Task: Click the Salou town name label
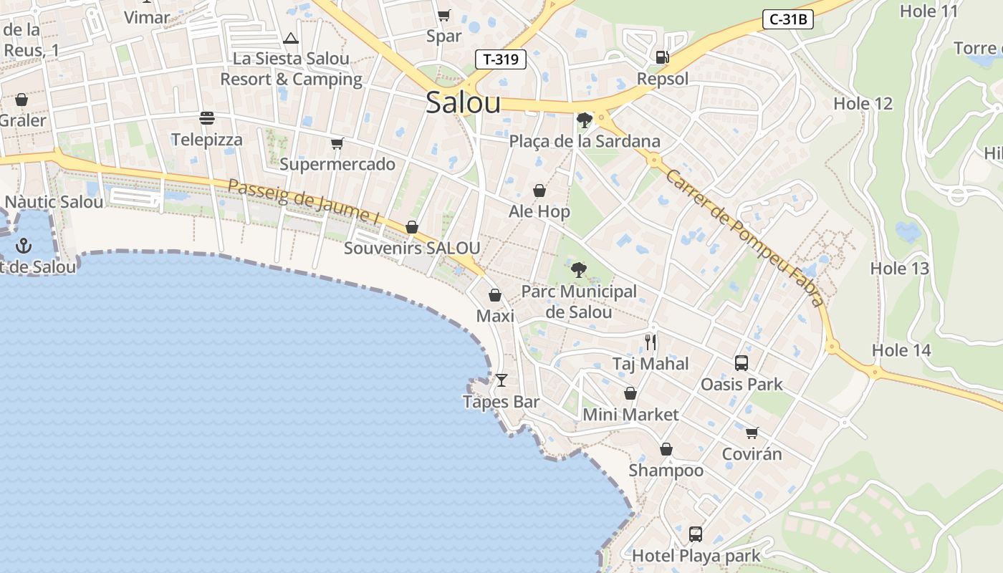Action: click(x=463, y=103)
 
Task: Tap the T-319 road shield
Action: click(x=501, y=59)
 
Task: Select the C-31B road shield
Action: click(x=787, y=19)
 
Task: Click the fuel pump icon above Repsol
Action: click(x=662, y=57)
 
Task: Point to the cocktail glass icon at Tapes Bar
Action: click(x=501, y=380)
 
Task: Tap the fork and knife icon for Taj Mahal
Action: click(x=651, y=342)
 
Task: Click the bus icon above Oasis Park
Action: click(x=742, y=362)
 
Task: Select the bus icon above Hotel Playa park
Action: click(x=695, y=534)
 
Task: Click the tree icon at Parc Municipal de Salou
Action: click(x=578, y=270)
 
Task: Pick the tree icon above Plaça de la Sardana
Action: click(x=585, y=120)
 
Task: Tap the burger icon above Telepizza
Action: click(x=207, y=117)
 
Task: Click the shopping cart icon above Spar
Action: click(x=443, y=15)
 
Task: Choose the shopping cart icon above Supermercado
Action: click(x=337, y=143)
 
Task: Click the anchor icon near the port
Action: click(x=24, y=246)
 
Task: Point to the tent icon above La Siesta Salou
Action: click(x=291, y=38)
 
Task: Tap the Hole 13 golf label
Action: click(x=899, y=269)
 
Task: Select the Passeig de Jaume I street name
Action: click(x=303, y=201)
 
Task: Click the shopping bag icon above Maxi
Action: click(x=494, y=295)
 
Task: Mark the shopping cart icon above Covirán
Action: click(x=752, y=433)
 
